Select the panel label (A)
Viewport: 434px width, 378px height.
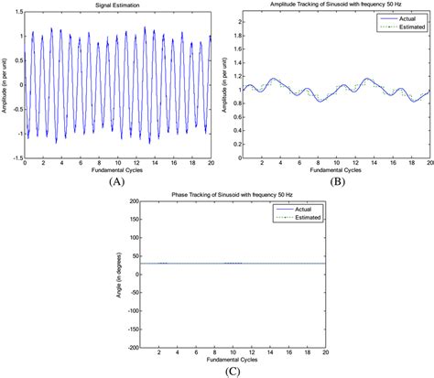point(115,181)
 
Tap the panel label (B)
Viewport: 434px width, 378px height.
point(335,181)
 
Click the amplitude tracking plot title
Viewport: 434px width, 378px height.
point(336,6)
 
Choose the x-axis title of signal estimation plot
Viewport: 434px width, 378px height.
point(115,171)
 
